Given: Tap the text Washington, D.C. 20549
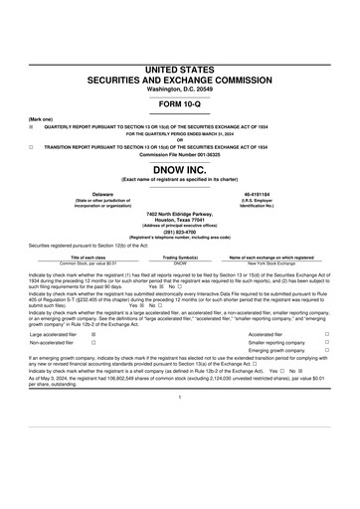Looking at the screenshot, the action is click(x=180, y=88).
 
